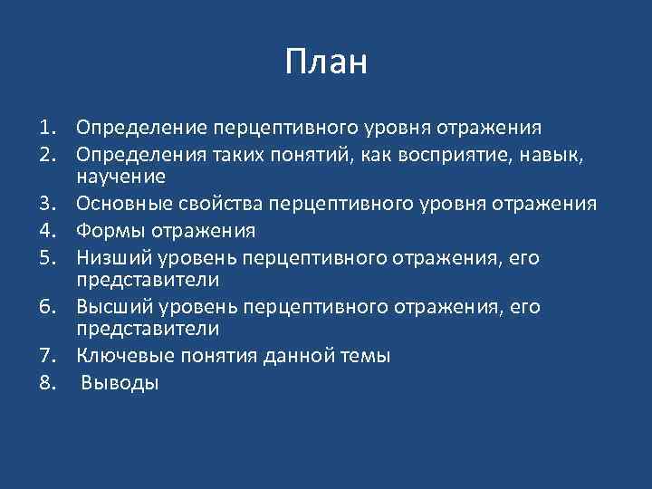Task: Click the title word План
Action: pyautogui.click(x=326, y=62)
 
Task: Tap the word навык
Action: pyautogui.click(x=560, y=156)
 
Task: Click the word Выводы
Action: pyautogui.click(x=120, y=383)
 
